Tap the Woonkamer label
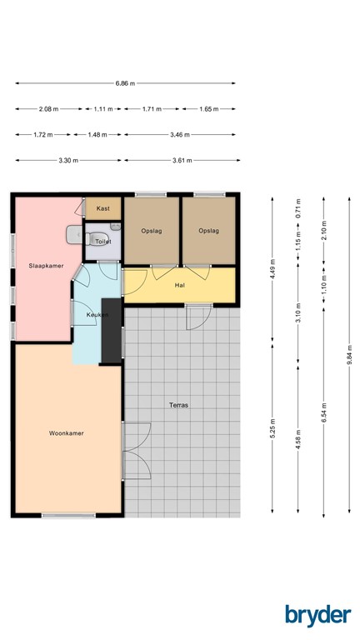point(66,433)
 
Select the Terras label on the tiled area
point(179,405)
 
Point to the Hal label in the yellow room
point(179,285)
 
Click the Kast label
point(104,207)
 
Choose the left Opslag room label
point(152,231)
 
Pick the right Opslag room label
point(208,231)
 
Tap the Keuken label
point(98,315)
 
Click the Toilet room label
point(103,241)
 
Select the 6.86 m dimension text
point(125,83)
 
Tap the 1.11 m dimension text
point(103,109)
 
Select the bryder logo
point(317,614)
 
